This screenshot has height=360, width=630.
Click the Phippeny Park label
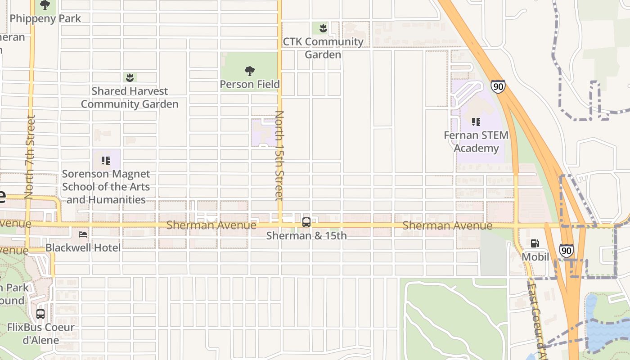tap(45, 18)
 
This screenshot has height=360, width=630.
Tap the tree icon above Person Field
tap(250, 71)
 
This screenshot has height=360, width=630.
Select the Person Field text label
tap(250, 84)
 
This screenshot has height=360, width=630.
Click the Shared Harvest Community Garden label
tap(130, 98)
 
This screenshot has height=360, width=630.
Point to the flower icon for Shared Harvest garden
tap(130, 77)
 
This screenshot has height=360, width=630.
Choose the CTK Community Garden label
tap(323, 48)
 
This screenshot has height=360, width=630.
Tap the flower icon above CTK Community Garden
tap(323, 28)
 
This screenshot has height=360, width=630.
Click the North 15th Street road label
tap(279, 155)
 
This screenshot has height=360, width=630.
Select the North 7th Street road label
tap(30, 157)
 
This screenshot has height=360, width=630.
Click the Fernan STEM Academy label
tap(476, 141)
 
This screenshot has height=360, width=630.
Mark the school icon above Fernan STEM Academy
tap(476, 121)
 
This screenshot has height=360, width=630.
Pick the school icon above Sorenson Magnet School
tap(106, 160)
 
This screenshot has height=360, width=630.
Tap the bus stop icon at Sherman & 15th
tap(306, 222)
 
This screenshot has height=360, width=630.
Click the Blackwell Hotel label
tap(83, 247)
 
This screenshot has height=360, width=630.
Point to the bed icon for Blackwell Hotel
tap(83, 234)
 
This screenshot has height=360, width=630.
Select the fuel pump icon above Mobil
tap(535, 243)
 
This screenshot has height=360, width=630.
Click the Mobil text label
tap(535, 257)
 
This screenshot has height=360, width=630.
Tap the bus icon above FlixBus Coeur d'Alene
tap(40, 314)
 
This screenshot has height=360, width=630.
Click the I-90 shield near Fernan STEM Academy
tap(498, 86)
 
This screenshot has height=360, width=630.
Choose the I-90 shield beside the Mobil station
tap(567, 251)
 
